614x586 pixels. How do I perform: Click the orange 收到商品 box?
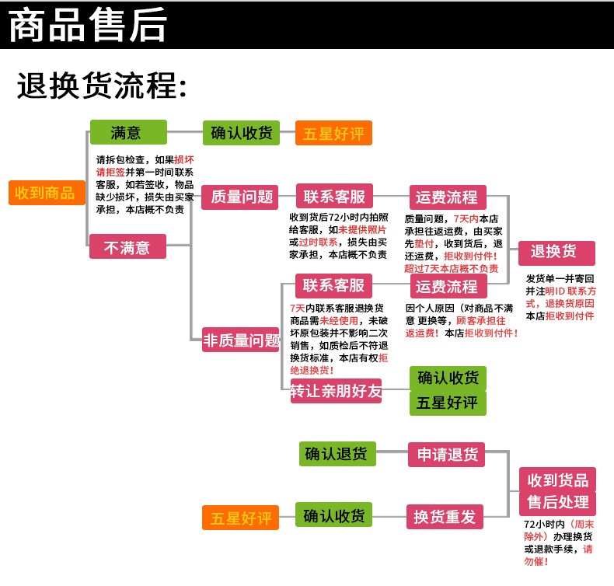tap(46, 193)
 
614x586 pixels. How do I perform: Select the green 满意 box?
tap(128, 133)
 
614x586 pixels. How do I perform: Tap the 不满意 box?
tap(128, 247)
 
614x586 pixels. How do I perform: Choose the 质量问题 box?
tap(240, 197)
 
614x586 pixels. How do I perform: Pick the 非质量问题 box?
tap(240, 340)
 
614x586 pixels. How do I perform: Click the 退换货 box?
tap(556, 253)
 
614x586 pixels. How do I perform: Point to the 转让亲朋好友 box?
tap(337, 392)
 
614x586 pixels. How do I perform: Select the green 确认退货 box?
tap(337, 454)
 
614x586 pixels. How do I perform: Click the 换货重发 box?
tap(446, 516)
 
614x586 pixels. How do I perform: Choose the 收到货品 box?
tap(557, 479)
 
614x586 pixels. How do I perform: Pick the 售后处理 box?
tap(557, 502)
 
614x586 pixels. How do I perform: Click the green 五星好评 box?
tap(448, 403)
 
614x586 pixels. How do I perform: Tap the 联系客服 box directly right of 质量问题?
tap(334, 196)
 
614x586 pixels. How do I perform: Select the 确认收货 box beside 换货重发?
tap(334, 514)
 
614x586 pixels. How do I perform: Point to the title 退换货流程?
tap(102, 86)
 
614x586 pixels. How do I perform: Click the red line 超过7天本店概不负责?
tap(451, 268)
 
